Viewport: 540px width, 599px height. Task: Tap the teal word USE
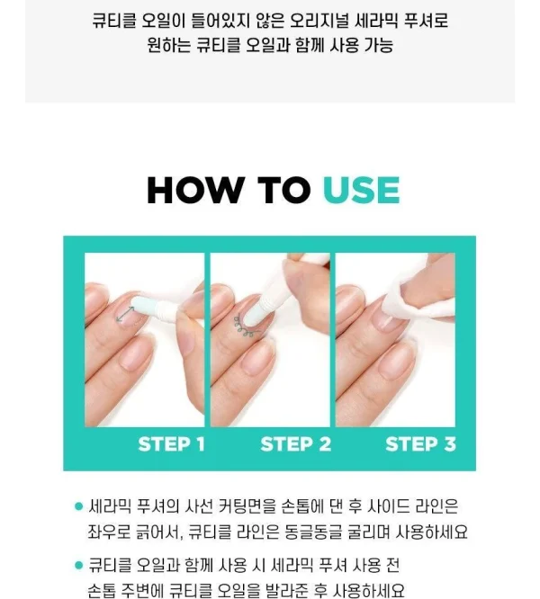point(362,190)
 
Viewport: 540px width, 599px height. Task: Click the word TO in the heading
point(283,190)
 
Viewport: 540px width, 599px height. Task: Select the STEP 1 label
point(171,444)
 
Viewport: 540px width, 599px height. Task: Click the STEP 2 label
point(296,444)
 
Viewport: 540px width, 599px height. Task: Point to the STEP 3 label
point(421,444)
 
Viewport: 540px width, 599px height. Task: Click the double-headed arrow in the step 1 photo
point(125,315)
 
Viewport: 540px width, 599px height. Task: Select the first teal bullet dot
point(79,506)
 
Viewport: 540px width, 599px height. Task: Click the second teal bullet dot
point(79,565)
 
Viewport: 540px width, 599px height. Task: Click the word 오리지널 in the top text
point(319,21)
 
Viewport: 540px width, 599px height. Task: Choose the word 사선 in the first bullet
point(198,506)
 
